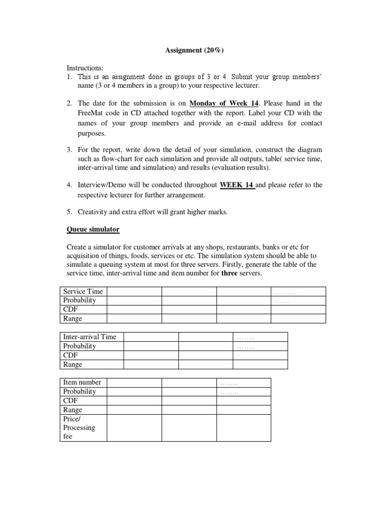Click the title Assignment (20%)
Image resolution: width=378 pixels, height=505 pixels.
(189, 50)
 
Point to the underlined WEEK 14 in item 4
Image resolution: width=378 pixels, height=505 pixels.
(237, 185)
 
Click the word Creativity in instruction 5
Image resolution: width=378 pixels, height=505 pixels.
(94, 212)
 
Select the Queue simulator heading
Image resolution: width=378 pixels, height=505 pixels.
(93, 230)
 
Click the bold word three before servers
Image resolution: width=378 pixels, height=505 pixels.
(229, 273)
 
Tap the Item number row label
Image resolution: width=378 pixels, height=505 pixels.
(82, 382)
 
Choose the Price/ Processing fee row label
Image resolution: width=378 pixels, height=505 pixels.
(79, 428)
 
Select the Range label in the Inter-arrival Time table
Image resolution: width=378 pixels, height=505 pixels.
(73, 364)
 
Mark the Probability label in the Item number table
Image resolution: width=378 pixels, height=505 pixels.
(80, 392)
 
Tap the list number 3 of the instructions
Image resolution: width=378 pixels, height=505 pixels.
(70, 149)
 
